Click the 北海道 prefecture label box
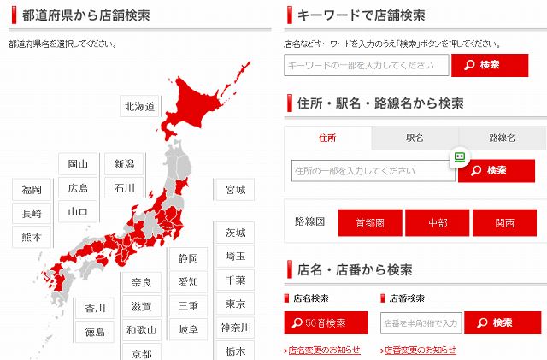pyautogui.click(x=139, y=107)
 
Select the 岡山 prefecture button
pyautogui.click(x=78, y=164)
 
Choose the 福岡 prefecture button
pyautogui.click(x=32, y=189)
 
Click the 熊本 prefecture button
pyautogui.click(x=32, y=237)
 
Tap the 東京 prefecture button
pyautogui.click(x=235, y=304)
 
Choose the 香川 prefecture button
pyautogui.click(x=95, y=308)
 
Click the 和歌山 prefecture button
pyautogui.click(x=141, y=329)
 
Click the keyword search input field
pyautogui.click(x=367, y=65)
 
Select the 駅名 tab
pyautogui.click(x=415, y=138)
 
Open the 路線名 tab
pyautogui.click(x=502, y=138)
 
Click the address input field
pyautogui.click(x=372, y=171)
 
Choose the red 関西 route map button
pyautogui.click(x=504, y=223)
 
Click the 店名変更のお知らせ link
pyautogui.click(x=322, y=351)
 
